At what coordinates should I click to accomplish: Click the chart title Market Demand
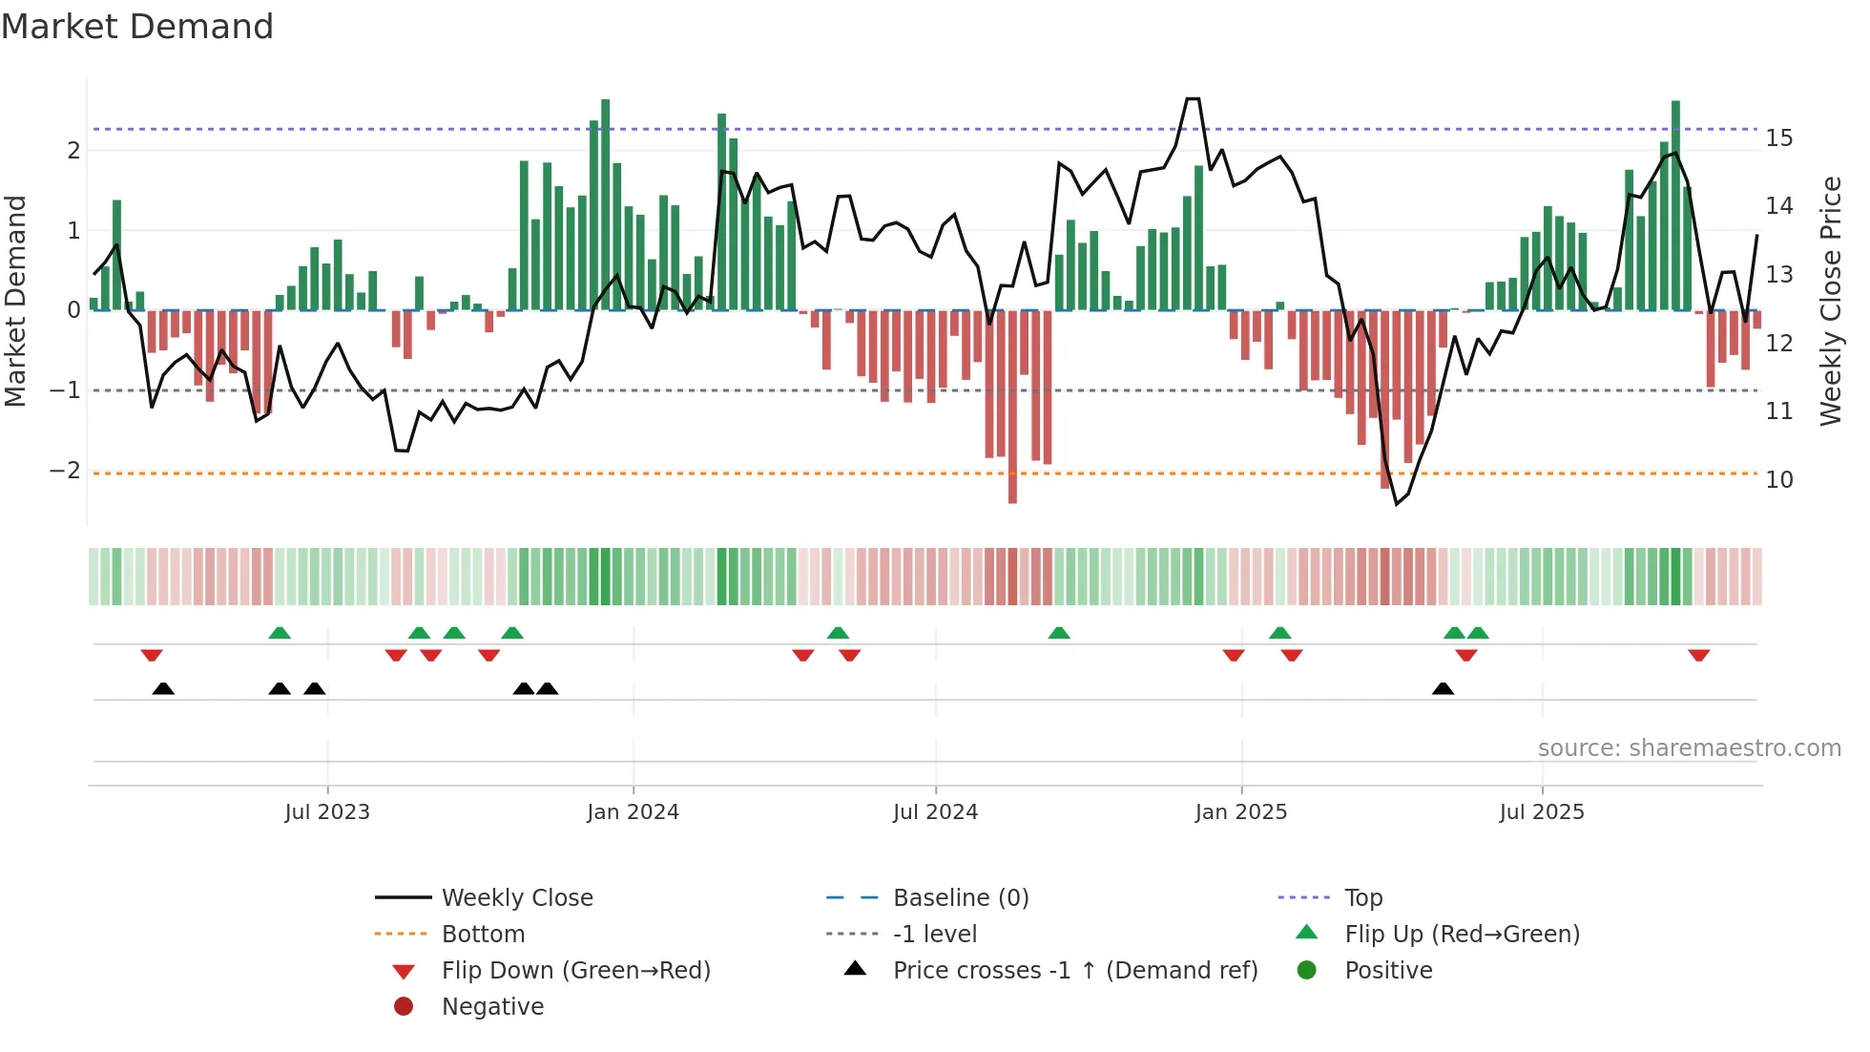click(x=137, y=27)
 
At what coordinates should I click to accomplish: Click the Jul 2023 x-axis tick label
click(x=327, y=812)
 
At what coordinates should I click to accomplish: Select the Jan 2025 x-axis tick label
click(x=1240, y=812)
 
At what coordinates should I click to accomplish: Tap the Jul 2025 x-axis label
click(x=1542, y=812)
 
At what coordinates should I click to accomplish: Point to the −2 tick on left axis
click(x=66, y=471)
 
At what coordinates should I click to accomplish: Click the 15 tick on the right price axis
click(x=1778, y=138)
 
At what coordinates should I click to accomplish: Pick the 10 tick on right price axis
click(x=1778, y=480)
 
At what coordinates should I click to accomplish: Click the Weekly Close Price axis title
click(x=1830, y=301)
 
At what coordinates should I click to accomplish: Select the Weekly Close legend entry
click(x=516, y=898)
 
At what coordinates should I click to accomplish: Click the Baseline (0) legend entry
click(x=960, y=898)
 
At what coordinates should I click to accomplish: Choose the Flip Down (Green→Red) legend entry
click(x=575, y=971)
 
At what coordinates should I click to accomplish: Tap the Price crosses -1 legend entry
click(x=1074, y=971)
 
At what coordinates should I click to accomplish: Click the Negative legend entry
click(x=492, y=1007)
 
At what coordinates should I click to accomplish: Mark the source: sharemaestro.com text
click(x=1689, y=748)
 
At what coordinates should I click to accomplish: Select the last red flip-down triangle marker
click(x=1698, y=655)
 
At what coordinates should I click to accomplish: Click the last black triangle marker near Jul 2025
click(x=1443, y=688)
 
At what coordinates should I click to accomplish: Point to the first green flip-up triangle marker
click(x=280, y=633)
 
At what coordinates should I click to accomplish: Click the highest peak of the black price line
click(x=1193, y=99)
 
